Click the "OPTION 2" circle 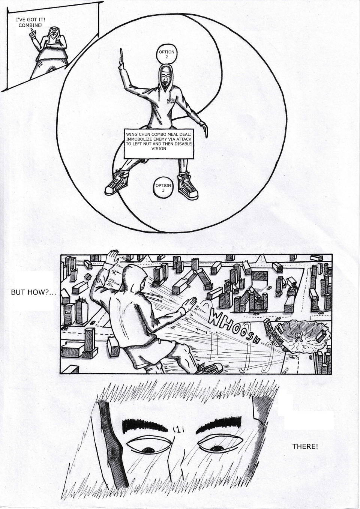click(x=166, y=54)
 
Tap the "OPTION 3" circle click(x=163, y=188)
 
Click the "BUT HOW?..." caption click(x=33, y=292)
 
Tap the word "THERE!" click(x=305, y=446)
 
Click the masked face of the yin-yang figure click(x=165, y=78)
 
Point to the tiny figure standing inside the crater click(x=298, y=336)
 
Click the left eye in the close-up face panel click(x=148, y=446)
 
